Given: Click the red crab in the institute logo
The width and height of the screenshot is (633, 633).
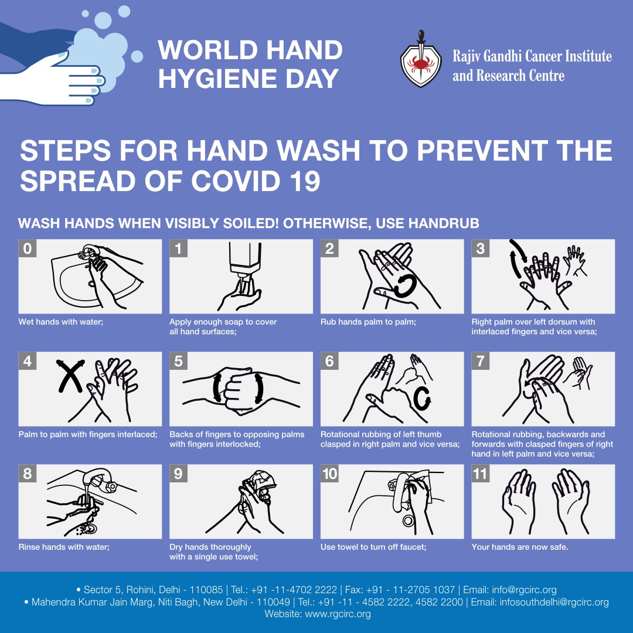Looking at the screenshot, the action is point(421,63).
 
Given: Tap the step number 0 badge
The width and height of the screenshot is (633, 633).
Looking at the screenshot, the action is point(28,249).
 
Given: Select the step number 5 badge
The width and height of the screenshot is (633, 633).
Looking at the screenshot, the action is point(178,361).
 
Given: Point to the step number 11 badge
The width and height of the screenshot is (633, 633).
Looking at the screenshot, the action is point(481,474).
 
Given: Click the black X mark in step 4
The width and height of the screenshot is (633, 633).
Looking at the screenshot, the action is point(70,376).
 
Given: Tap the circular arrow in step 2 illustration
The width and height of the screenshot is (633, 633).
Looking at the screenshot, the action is point(404,286).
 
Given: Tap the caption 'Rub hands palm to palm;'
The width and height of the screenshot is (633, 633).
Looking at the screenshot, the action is point(368,322).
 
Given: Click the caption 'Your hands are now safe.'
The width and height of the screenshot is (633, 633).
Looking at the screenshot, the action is point(519,547).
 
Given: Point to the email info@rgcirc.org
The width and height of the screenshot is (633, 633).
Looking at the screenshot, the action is point(524,590).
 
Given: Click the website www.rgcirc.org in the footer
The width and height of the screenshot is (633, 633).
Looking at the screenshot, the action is point(338,614).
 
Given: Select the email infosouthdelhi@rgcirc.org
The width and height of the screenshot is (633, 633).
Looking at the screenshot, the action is point(554,602).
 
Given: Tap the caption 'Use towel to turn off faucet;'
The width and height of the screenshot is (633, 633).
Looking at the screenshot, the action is point(373,547).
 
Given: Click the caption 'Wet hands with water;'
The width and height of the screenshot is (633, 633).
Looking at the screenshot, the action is point(61,322).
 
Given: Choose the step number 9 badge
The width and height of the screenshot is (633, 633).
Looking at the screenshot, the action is point(178,474).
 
